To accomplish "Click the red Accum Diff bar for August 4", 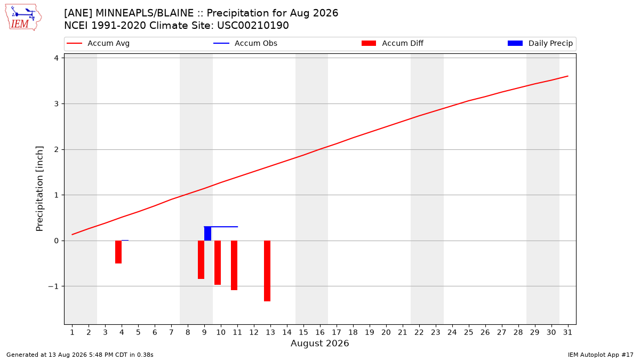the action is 118,252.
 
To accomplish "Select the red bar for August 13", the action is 267,271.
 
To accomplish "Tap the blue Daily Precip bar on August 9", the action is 207,234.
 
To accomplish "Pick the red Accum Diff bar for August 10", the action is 218,262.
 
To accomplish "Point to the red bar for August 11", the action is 234,266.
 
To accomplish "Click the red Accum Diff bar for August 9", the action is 201,260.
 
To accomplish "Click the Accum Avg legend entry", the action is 98,43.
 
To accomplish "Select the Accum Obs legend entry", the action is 245,43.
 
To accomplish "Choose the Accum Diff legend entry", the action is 393,43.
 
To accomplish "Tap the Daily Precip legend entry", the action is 540,43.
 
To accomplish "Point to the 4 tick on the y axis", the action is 57,58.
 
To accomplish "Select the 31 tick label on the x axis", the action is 567,332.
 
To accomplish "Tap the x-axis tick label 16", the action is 319,332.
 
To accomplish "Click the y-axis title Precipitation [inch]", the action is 39,189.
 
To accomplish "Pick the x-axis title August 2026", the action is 319,343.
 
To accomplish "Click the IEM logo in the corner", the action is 23,18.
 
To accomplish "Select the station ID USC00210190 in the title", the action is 253,26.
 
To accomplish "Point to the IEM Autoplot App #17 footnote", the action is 601,355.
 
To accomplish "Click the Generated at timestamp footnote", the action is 79,355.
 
